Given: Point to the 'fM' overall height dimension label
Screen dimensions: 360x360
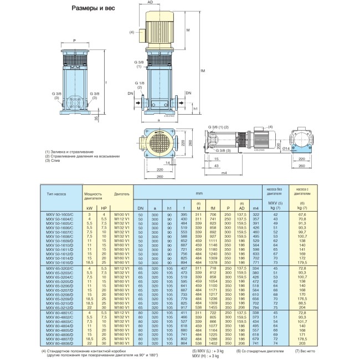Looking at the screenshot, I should click(x=203, y=70).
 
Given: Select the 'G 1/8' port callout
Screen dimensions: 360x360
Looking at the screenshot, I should click(x=140, y=83).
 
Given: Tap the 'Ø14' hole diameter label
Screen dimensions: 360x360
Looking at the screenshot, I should click(x=285, y=148).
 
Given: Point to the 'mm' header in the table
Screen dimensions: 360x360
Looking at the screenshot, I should click(x=198, y=194).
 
